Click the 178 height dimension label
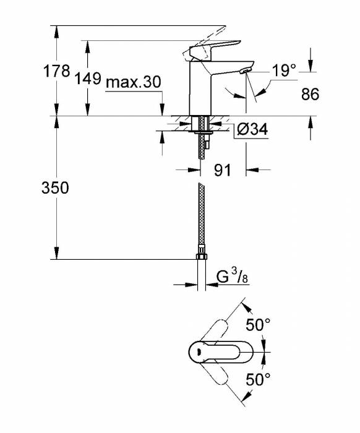[57, 71]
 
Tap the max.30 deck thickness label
[133, 83]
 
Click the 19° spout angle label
[284, 71]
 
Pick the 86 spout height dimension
[309, 95]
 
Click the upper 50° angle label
[259, 324]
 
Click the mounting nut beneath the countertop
[201, 130]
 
